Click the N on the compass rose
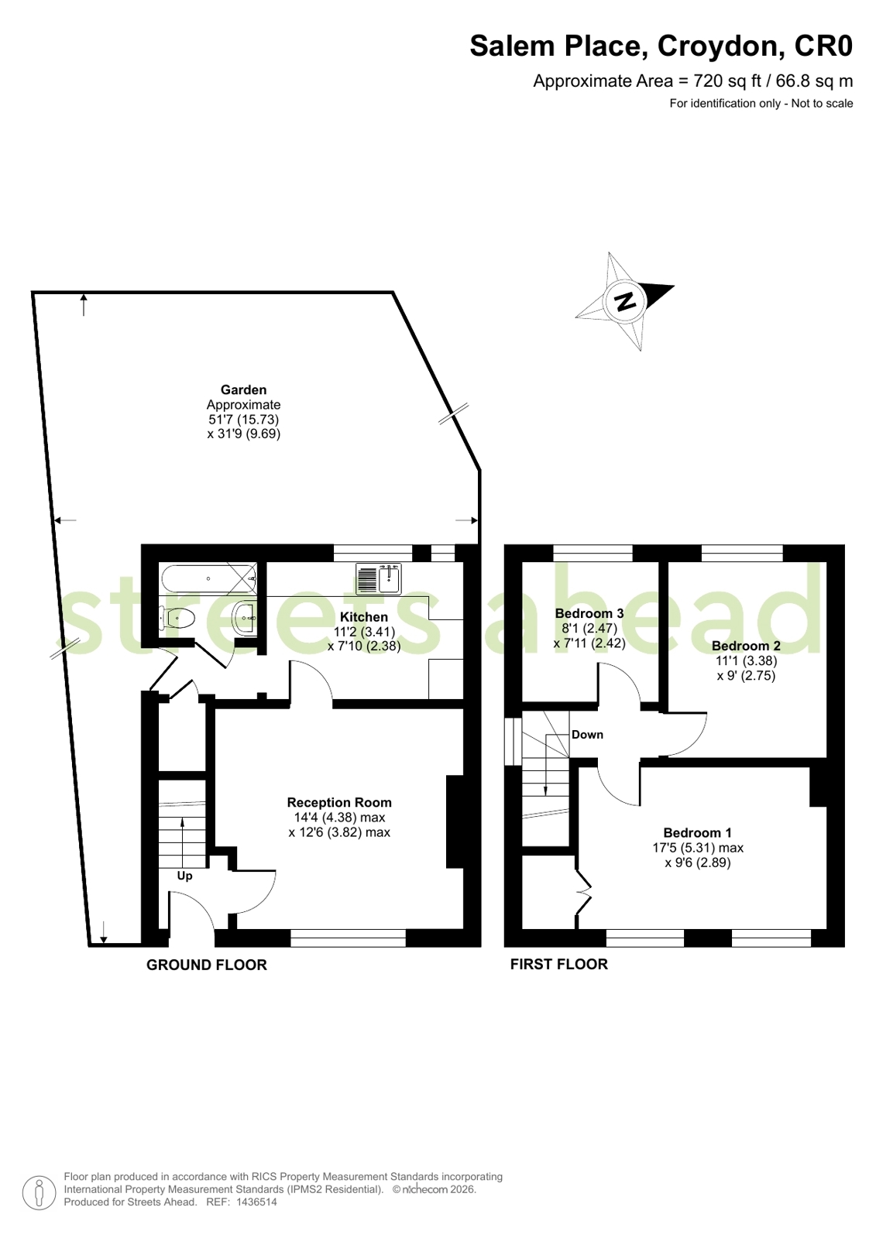626,302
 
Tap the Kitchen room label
364,617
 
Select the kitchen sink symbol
379,578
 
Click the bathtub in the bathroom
209,578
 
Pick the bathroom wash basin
246,618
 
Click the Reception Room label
339,802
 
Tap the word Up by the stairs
184,876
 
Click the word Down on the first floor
587,735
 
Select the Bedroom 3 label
589,613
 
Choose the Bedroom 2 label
746,646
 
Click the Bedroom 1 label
698,832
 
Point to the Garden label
243,389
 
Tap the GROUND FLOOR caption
207,965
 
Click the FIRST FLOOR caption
559,965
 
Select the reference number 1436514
256,1202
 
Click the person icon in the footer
39,1192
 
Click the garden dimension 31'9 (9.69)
244,434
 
